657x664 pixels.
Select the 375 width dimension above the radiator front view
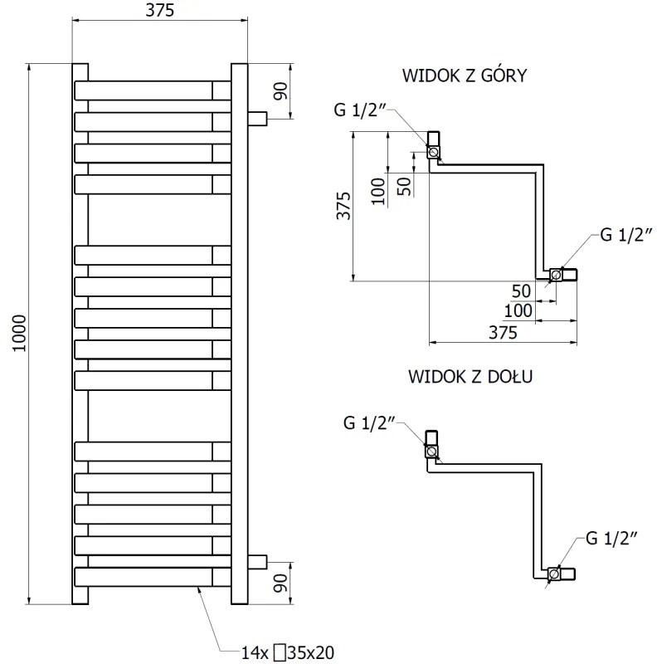160,11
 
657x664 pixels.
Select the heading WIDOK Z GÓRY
465,76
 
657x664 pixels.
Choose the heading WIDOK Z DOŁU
470,376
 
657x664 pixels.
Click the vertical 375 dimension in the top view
343,205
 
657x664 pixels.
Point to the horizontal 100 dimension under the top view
518,310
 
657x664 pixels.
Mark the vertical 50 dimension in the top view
404,185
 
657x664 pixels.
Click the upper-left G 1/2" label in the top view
359,110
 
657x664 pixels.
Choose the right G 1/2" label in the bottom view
611,539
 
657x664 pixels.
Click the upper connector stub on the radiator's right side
258,118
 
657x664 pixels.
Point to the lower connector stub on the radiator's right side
258,560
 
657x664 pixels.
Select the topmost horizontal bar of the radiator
153,90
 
